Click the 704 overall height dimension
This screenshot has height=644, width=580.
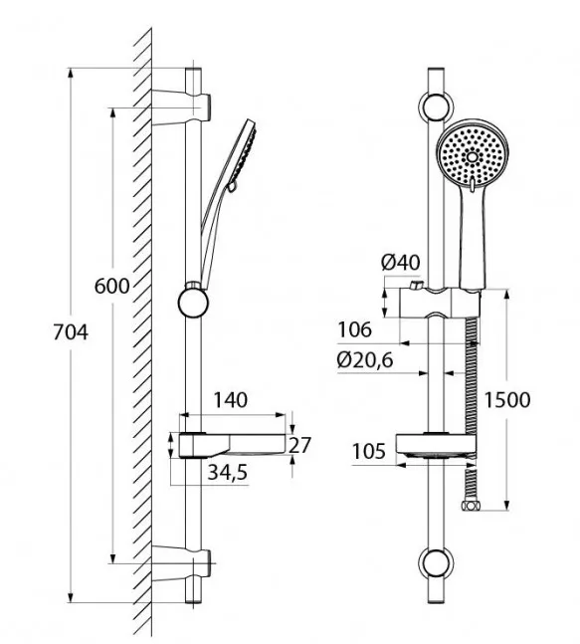click(x=71, y=332)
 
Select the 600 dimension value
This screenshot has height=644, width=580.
click(x=111, y=286)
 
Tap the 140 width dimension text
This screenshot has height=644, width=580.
click(x=230, y=400)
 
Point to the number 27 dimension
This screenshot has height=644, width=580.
click(x=300, y=445)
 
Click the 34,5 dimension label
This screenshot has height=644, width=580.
click(x=228, y=473)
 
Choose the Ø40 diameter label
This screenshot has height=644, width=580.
click(x=400, y=263)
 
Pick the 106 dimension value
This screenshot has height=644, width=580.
click(x=354, y=329)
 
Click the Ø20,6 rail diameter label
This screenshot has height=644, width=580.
click(x=365, y=360)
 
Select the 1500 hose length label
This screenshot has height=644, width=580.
click(x=507, y=399)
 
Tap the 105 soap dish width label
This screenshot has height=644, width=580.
click(x=369, y=451)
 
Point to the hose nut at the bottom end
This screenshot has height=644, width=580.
click(x=470, y=506)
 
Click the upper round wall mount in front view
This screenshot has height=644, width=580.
click(x=436, y=107)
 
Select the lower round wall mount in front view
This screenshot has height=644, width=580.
click(x=436, y=563)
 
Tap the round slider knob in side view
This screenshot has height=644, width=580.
click(x=193, y=303)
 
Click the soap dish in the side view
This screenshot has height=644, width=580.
click(x=232, y=445)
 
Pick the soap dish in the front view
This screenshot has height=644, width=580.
click(x=436, y=447)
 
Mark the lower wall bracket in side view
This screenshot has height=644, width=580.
click(x=181, y=563)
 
